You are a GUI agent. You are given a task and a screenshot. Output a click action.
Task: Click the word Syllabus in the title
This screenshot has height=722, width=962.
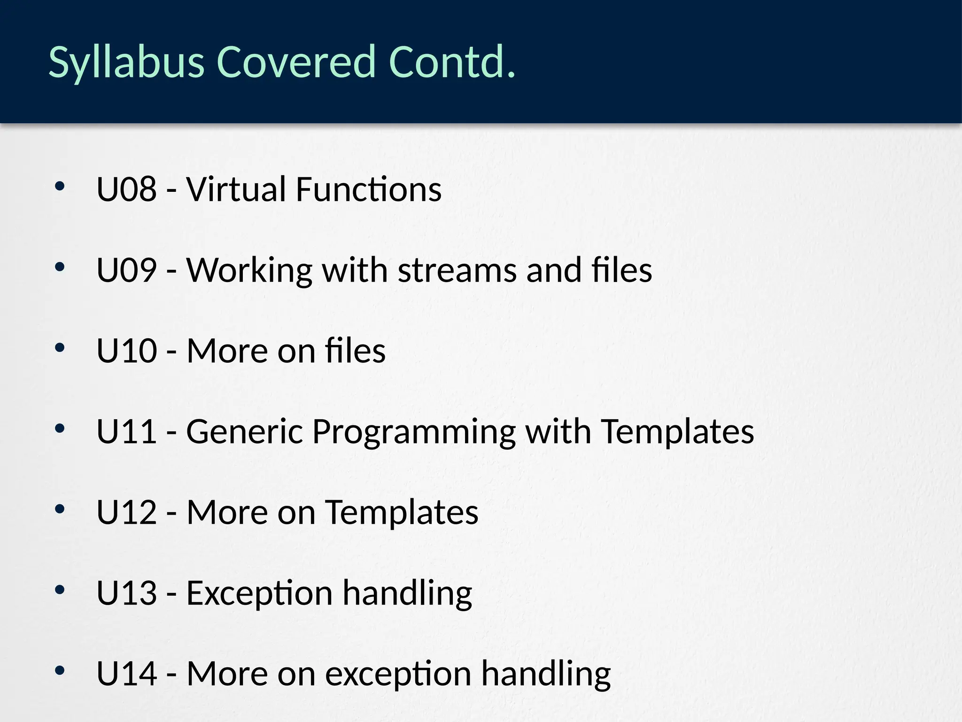click(x=126, y=63)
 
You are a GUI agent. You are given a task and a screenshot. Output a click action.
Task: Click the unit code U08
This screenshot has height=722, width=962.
click(x=126, y=189)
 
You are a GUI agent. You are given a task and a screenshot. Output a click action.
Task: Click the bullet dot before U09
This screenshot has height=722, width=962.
click(x=59, y=267)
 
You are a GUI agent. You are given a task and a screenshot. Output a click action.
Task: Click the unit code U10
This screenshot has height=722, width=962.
click(x=126, y=351)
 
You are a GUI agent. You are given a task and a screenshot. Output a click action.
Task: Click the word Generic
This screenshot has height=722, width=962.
click(x=245, y=432)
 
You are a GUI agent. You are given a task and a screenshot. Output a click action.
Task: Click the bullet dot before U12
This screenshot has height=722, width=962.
click(x=59, y=509)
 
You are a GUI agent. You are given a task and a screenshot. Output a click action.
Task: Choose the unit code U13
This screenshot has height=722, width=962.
click(x=126, y=593)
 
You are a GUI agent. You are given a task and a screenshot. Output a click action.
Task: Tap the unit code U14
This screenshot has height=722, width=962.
click(x=126, y=674)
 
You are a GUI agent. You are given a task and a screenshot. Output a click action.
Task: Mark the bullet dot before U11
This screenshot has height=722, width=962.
click(x=59, y=428)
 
